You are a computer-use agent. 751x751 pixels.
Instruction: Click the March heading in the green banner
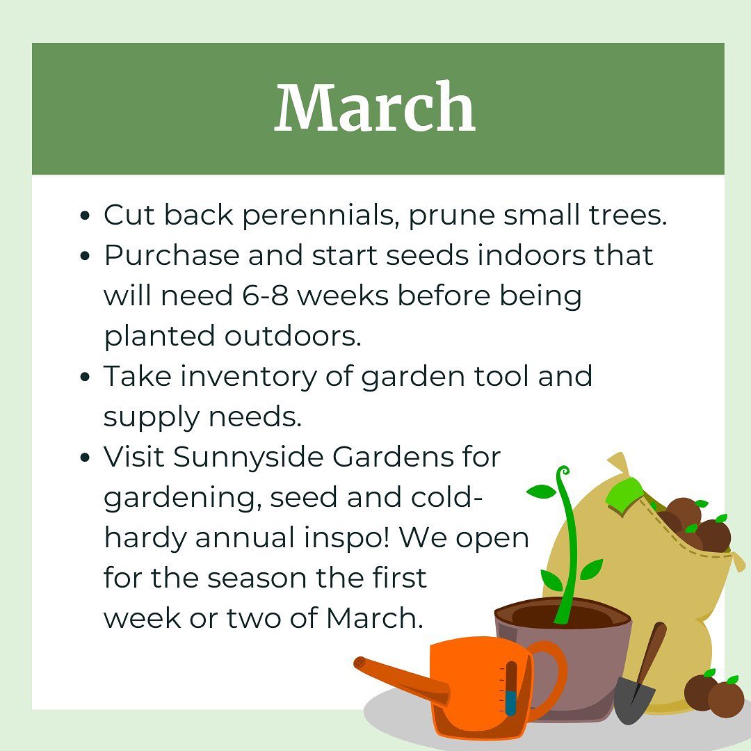tap(375, 107)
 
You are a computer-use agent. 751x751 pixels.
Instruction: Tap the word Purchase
tap(172, 255)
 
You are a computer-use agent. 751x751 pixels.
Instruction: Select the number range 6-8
tap(266, 295)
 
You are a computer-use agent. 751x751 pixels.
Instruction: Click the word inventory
tap(248, 376)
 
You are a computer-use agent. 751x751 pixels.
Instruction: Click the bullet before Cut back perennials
tap(86, 216)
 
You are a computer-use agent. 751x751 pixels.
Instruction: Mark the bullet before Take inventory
tap(86, 377)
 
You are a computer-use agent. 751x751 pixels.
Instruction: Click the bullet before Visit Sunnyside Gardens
tap(86, 458)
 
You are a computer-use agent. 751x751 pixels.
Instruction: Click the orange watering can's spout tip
tap(359, 663)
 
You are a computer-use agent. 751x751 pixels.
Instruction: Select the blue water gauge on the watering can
tap(510, 702)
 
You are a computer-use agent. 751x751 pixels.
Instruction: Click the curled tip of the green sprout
tap(563, 471)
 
